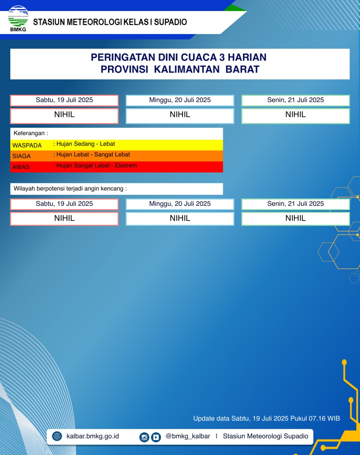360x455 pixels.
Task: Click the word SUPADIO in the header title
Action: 170,22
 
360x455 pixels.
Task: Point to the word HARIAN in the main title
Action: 247,58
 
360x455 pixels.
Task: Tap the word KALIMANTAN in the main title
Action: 187,69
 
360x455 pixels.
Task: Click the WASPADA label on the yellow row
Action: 27,145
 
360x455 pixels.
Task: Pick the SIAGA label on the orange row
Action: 21,156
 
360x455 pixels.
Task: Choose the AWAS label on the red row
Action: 21,167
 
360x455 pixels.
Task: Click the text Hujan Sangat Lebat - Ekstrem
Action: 96,166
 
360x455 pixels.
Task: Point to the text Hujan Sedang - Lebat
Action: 86,144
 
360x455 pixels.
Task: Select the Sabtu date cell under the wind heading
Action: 64,204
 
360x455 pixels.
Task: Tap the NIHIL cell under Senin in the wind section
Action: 295,218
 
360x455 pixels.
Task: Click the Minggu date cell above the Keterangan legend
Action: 180,100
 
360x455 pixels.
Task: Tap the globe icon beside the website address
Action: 57,436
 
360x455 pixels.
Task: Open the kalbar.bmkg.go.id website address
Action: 92,436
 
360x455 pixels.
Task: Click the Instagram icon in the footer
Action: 144,437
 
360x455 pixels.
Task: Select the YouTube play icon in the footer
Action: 156,437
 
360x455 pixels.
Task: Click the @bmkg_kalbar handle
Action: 188,436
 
